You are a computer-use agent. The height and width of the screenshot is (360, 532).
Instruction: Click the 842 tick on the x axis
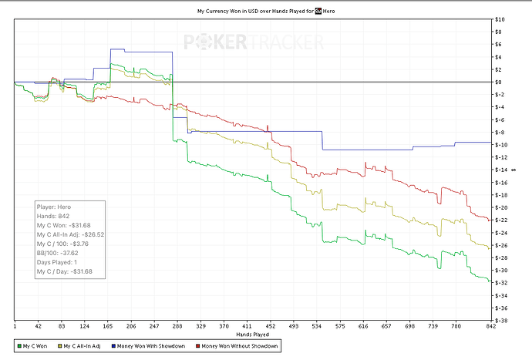pyautogui.click(x=487, y=327)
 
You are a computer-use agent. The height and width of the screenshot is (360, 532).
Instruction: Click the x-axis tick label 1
pyautogui.click(x=15, y=327)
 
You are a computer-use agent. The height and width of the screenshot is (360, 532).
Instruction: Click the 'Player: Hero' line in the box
pyautogui.click(x=55, y=207)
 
